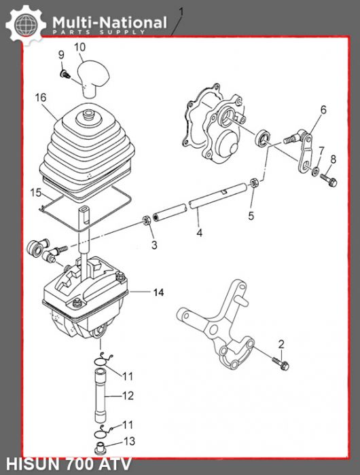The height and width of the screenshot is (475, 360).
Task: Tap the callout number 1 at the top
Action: (180, 11)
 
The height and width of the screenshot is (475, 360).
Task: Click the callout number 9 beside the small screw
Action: (60, 54)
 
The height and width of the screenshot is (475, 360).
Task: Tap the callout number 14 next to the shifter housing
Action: (158, 293)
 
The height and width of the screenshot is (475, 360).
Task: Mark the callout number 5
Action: (251, 216)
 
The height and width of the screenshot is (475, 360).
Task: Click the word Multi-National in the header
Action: (109, 23)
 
